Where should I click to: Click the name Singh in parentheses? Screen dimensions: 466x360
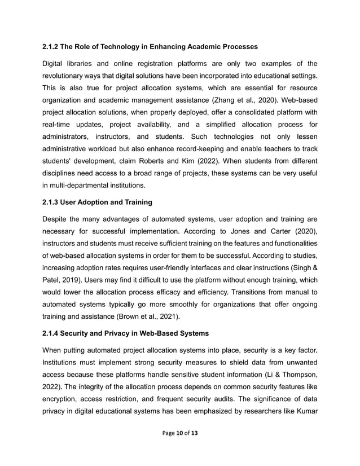tap(298, 267)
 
